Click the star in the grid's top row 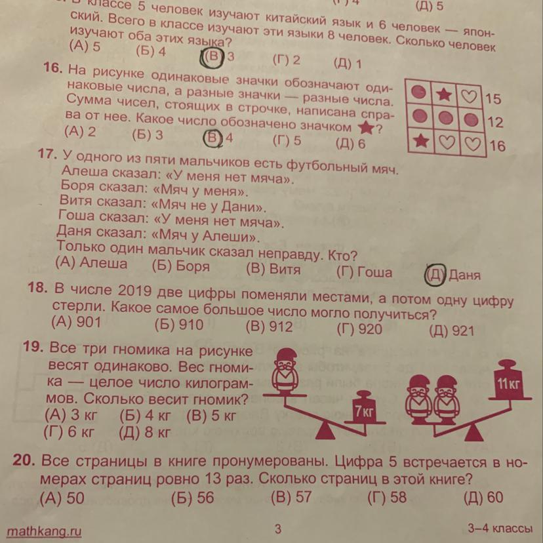[x=444, y=94]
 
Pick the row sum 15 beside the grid [x=493, y=98]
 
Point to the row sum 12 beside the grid [x=495, y=122]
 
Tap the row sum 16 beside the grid [x=497, y=146]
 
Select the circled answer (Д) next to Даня [x=435, y=274]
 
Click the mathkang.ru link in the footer [x=44, y=531]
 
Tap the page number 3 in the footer [x=278, y=529]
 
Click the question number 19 [x=33, y=346]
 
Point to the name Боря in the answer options [x=193, y=266]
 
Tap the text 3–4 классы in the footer [x=500, y=529]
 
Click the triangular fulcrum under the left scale [x=325, y=430]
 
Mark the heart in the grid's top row [x=470, y=96]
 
